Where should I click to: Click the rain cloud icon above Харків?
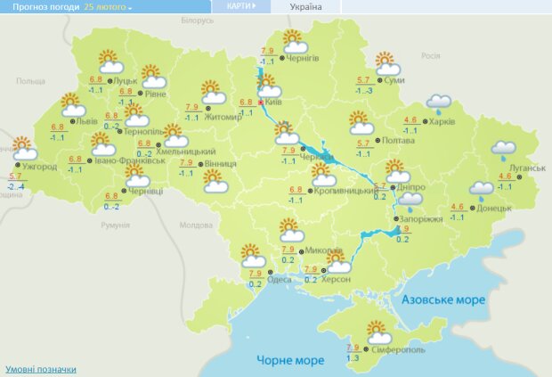pos(437,103)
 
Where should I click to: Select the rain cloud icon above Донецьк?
pos(482,189)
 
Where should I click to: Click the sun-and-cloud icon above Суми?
pos(386,64)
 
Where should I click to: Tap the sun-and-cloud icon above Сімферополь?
pos(379,332)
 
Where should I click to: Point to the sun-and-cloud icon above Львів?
pos(74,105)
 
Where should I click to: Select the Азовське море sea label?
pos(443,299)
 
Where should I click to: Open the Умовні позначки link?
pos(40,369)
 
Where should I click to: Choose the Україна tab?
pos(306,6)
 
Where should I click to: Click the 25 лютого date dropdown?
pos(108,6)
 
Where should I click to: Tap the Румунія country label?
pos(116,225)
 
